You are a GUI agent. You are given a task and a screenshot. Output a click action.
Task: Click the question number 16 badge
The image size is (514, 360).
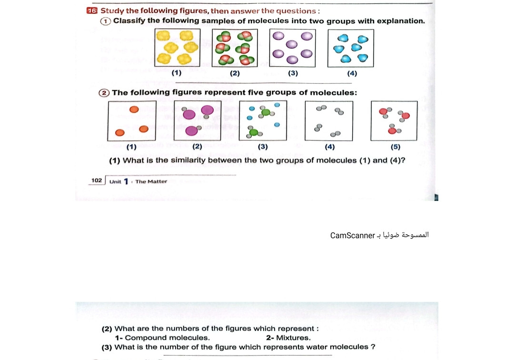tap(92, 10)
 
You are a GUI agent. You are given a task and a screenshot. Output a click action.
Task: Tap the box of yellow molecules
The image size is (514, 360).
tap(178, 48)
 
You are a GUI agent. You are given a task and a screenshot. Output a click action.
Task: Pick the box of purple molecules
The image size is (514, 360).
tap(292, 48)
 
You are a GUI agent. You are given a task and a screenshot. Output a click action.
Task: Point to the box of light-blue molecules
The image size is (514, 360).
tap(351, 48)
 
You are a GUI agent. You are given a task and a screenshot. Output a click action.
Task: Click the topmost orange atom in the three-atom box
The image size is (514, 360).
tap(134, 110)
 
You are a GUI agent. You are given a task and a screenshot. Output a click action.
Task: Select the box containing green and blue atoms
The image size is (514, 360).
tap(263, 120)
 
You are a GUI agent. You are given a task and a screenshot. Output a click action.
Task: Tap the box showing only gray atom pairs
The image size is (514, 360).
tap(328, 120)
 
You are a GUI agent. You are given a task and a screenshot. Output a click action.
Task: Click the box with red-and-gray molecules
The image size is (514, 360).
tap(394, 120)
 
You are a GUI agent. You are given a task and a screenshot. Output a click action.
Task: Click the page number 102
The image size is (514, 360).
tap(97, 180)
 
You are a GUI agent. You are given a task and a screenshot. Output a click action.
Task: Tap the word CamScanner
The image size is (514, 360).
tap(353, 235)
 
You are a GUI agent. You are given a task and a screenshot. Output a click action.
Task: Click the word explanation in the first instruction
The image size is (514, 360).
tap(400, 21)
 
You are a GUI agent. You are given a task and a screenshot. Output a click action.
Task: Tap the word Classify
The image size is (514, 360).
tap(129, 21)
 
